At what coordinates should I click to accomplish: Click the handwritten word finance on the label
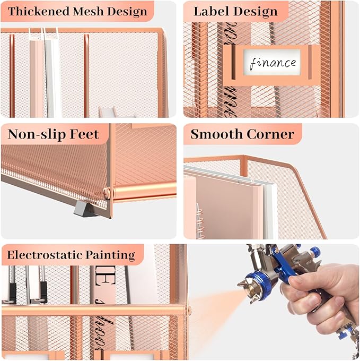click(273, 63)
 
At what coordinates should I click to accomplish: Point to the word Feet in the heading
click(84, 134)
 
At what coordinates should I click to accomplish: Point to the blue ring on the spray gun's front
click(265, 287)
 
